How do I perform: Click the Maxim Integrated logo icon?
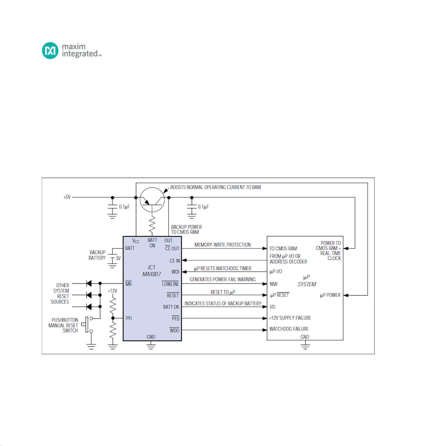(50, 51)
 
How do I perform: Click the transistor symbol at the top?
(152, 200)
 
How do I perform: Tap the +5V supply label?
(67, 197)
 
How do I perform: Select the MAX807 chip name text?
(152, 274)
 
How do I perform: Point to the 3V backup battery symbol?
(113, 258)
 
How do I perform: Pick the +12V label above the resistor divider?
(112, 291)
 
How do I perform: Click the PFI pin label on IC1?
(129, 318)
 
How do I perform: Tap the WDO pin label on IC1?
(174, 330)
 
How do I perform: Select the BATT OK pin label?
(171, 307)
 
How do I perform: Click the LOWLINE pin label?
(170, 284)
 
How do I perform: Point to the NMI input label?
(274, 284)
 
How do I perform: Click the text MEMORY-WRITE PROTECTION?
(223, 245)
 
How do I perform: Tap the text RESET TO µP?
(223, 292)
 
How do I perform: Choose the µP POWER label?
(330, 295)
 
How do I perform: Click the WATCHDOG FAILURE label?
(289, 329)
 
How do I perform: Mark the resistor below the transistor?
(152, 224)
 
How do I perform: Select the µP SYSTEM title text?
(307, 281)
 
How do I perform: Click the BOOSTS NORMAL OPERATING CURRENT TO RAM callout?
(215, 187)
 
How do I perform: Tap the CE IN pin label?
(175, 261)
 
